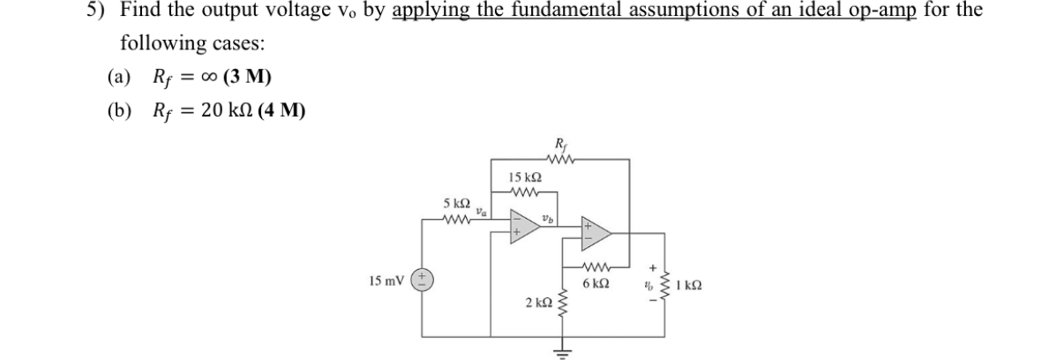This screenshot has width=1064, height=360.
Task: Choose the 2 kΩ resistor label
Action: [x=538, y=304]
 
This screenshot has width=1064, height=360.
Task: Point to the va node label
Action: [x=482, y=211]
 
